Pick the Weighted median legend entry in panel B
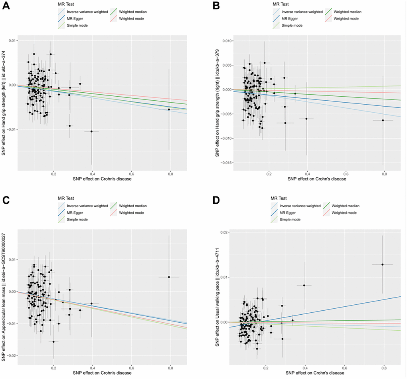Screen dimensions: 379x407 pyautogui.click(x=346, y=12)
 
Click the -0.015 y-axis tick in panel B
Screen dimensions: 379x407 pyautogui.click(x=221, y=163)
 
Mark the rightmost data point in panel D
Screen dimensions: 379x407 pyautogui.click(x=382, y=264)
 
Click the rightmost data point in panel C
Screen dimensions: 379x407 pyautogui.click(x=169, y=277)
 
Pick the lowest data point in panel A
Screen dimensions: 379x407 pyautogui.click(x=91, y=131)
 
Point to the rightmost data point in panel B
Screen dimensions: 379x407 pyautogui.click(x=383, y=120)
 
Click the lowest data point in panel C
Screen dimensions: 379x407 pyautogui.click(x=53, y=341)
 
